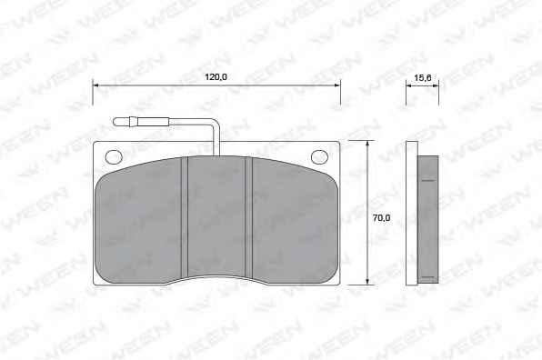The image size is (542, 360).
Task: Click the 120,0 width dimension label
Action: pos(216,76)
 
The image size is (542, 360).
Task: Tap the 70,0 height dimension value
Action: pos(382,217)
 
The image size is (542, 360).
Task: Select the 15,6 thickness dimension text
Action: pos(422,78)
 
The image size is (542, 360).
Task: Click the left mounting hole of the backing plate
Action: pos(114,157)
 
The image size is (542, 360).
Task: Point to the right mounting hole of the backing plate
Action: pos(320,157)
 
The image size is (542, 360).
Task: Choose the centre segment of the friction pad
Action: pos(216,216)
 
